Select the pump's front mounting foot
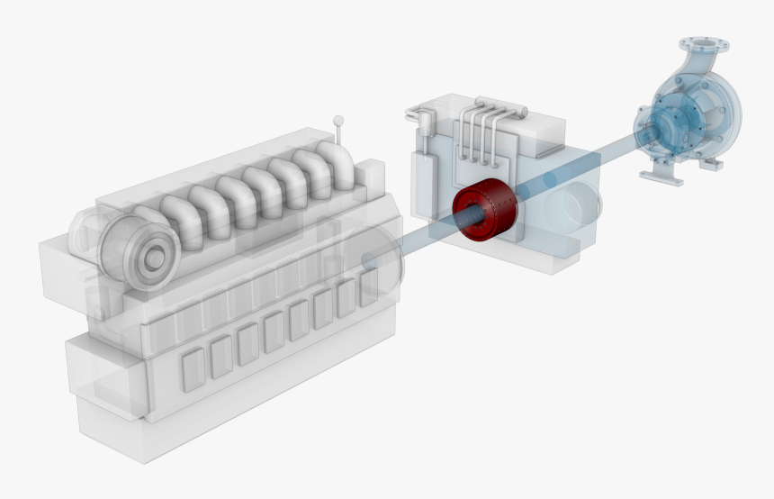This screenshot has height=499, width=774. point(661,174)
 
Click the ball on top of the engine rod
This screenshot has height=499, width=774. point(338,119)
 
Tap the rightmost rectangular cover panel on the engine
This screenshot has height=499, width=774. point(368,288)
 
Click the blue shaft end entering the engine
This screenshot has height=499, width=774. point(371,259)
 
